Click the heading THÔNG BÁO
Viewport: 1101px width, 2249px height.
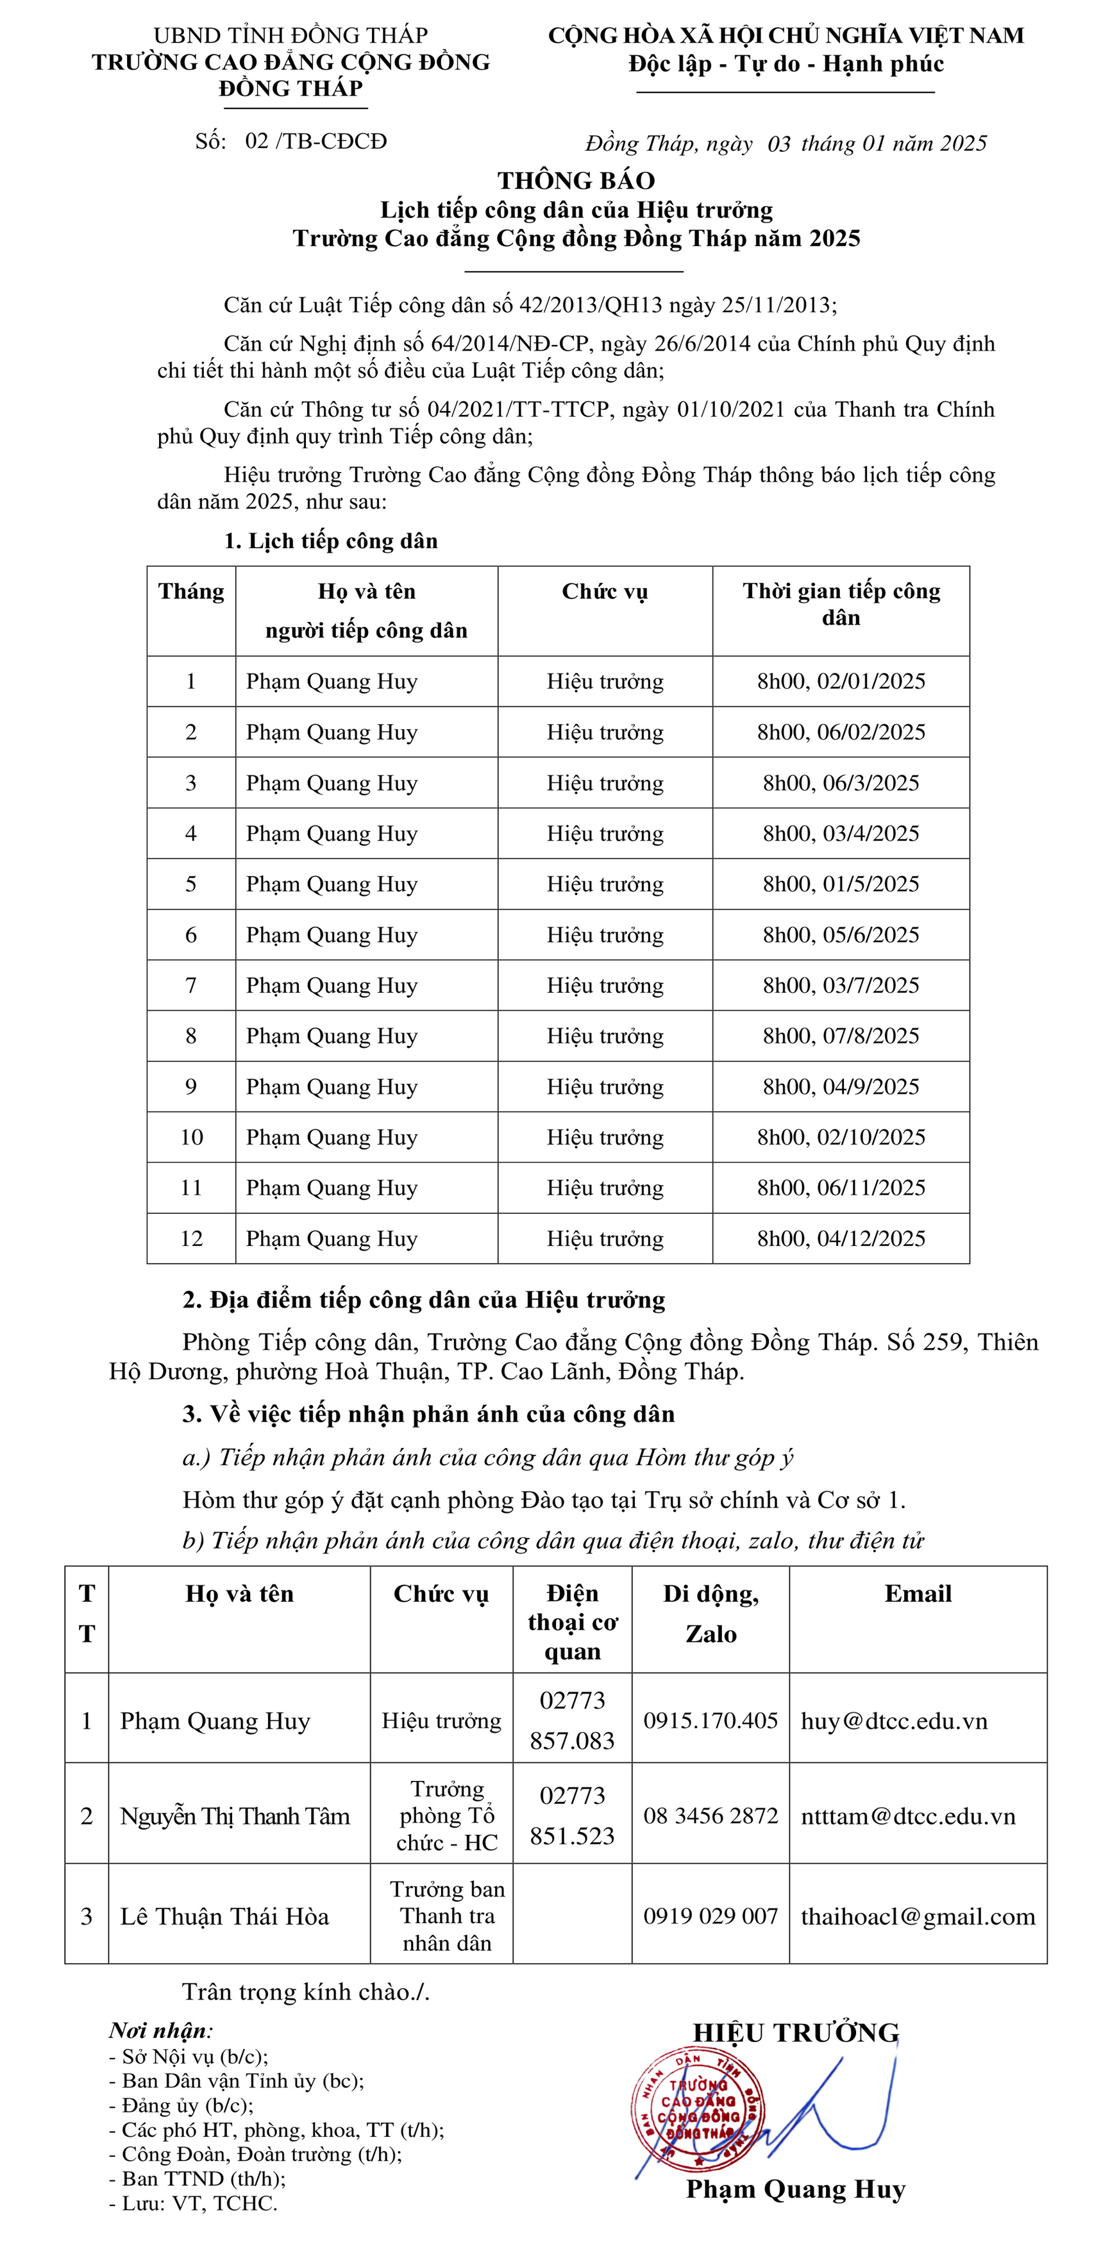coord(576,181)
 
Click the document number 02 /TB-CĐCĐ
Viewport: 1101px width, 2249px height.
coord(315,142)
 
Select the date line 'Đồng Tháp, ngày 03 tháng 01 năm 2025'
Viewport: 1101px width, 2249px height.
coord(786,143)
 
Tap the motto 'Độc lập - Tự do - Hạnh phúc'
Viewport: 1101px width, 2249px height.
coord(786,63)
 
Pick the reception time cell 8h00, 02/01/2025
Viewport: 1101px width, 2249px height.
coord(841,681)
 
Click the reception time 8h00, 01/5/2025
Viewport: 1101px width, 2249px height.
coord(841,884)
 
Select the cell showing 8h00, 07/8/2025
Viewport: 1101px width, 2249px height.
coord(841,1036)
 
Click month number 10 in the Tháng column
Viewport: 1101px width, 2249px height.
coord(191,1137)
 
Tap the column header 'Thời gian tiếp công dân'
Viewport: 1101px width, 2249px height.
coord(841,604)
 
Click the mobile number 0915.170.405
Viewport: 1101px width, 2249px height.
coord(710,1721)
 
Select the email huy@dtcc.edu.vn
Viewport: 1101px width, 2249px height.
coord(894,1721)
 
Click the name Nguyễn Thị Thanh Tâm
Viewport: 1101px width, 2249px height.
coord(235,1816)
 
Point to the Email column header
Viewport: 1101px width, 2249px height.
coord(918,1594)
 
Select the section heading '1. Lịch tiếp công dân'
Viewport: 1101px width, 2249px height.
coord(331,541)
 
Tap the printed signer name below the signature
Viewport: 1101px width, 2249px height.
coord(795,2189)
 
